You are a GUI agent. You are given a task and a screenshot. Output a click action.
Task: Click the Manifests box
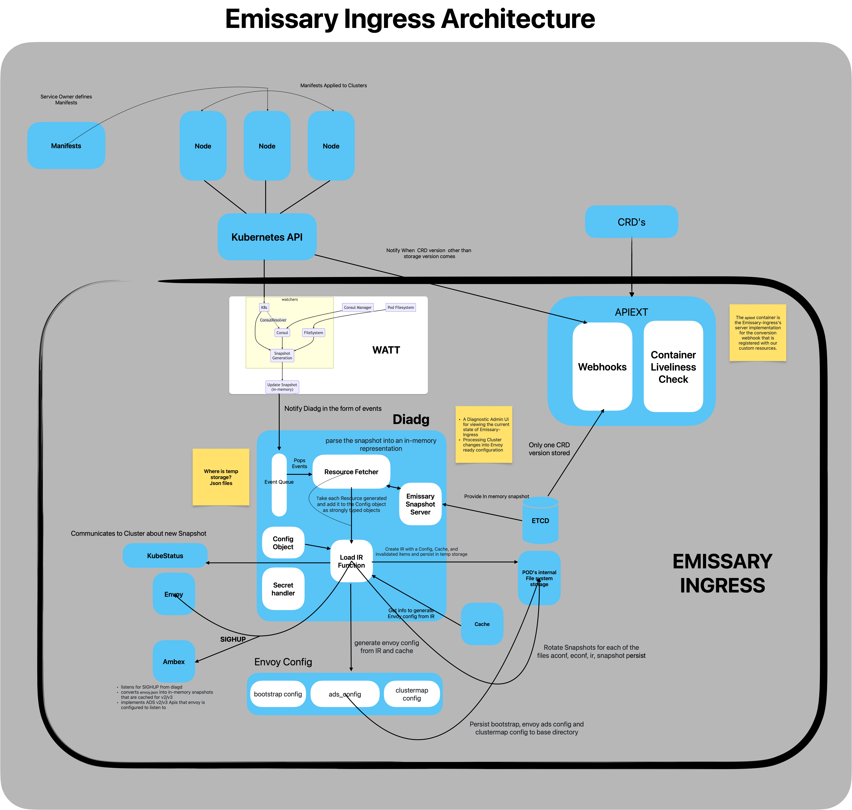[x=66, y=145]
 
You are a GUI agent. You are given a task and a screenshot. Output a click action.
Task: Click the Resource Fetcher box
[x=351, y=472]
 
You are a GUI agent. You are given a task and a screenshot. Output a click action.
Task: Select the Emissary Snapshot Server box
[x=420, y=504]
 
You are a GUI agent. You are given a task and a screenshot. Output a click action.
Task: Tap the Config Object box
[x=283, y=543]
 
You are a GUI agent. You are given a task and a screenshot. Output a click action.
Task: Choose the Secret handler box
[x=283, y=589]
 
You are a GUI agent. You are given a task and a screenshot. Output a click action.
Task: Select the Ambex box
[x=174, y=662]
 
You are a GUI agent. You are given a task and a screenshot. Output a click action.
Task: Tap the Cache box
[x=482, y=624]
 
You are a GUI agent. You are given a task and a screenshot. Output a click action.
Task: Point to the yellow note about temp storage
[x=221, y=477]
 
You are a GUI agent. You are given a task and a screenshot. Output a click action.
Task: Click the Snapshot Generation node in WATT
[x=282, y=355]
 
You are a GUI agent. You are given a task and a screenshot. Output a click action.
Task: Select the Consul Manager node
[x=358, y=307]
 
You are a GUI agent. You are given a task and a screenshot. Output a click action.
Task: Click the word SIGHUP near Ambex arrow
[x=233, y=639]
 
